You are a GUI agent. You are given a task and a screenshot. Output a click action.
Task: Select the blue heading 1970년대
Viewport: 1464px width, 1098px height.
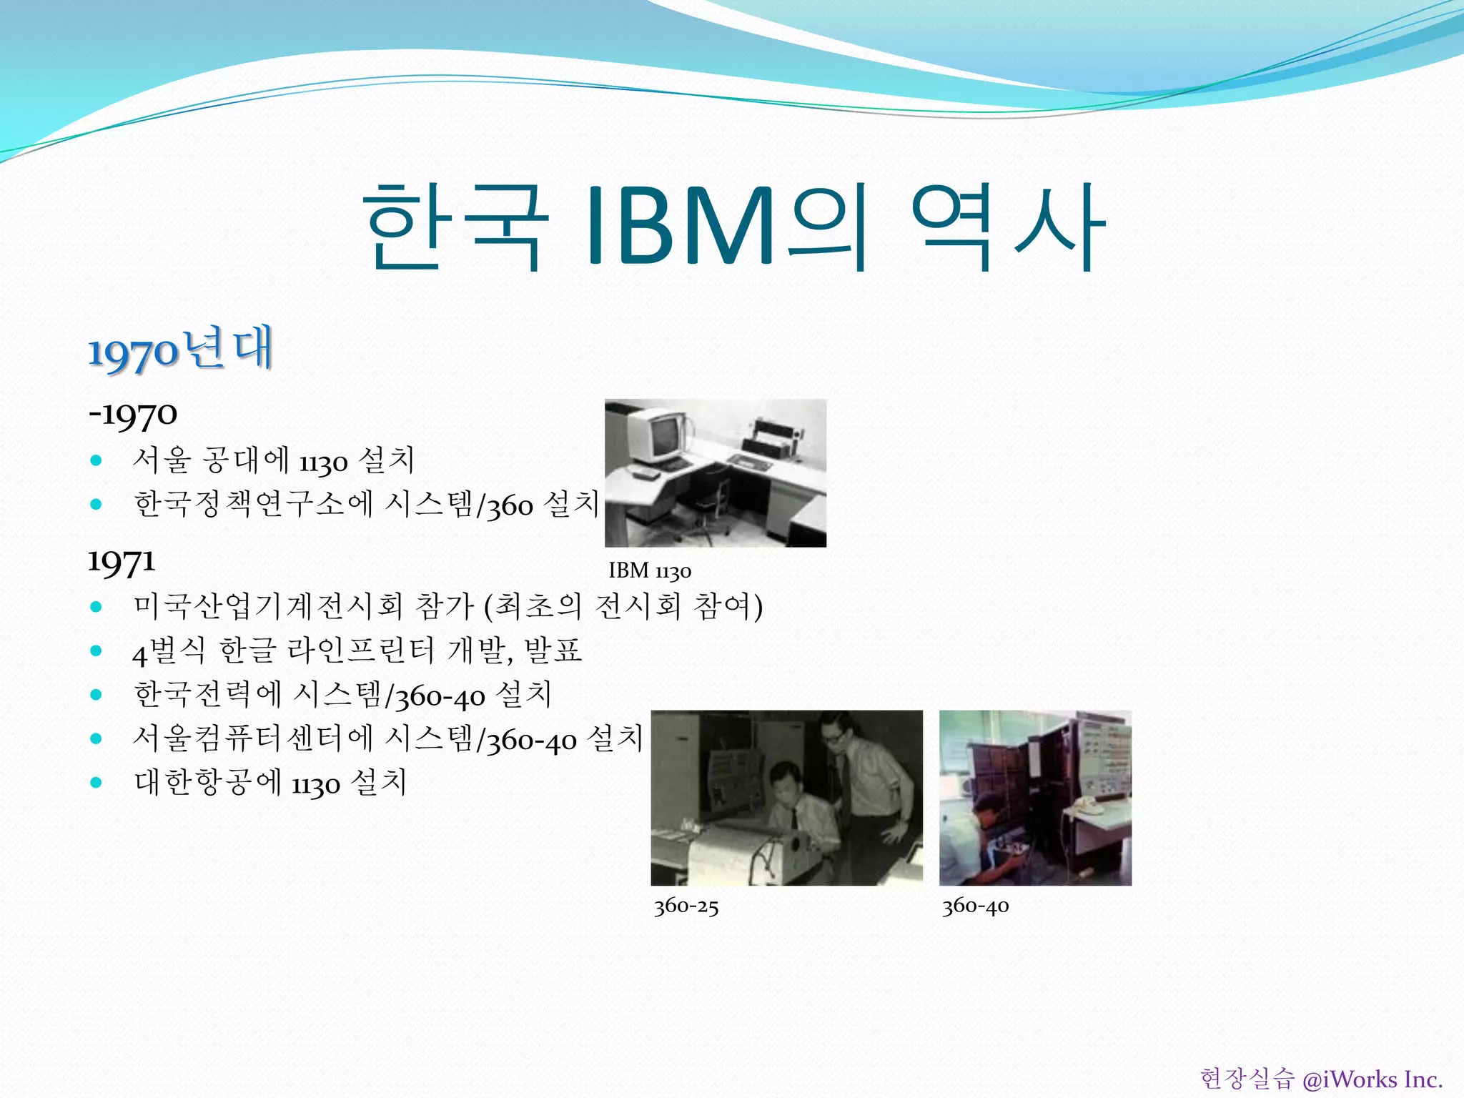pos(180,350)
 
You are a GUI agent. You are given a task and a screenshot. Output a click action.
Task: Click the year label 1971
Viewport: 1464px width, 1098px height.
pos(121,561)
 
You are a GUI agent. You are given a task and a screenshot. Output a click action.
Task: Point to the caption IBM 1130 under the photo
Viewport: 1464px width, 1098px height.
pos(649,570)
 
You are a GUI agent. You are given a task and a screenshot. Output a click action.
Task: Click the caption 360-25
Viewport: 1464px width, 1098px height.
pos(686,906)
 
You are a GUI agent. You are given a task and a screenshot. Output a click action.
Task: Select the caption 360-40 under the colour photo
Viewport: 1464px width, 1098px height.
pos(975,906)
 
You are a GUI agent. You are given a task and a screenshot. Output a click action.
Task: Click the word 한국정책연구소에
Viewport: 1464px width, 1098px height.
pos(254,504)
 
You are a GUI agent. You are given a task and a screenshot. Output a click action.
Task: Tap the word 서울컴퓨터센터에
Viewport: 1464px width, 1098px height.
pos(254,738)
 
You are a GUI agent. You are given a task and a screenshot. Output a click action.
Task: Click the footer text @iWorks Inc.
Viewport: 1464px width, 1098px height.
pos(1372,1079)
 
